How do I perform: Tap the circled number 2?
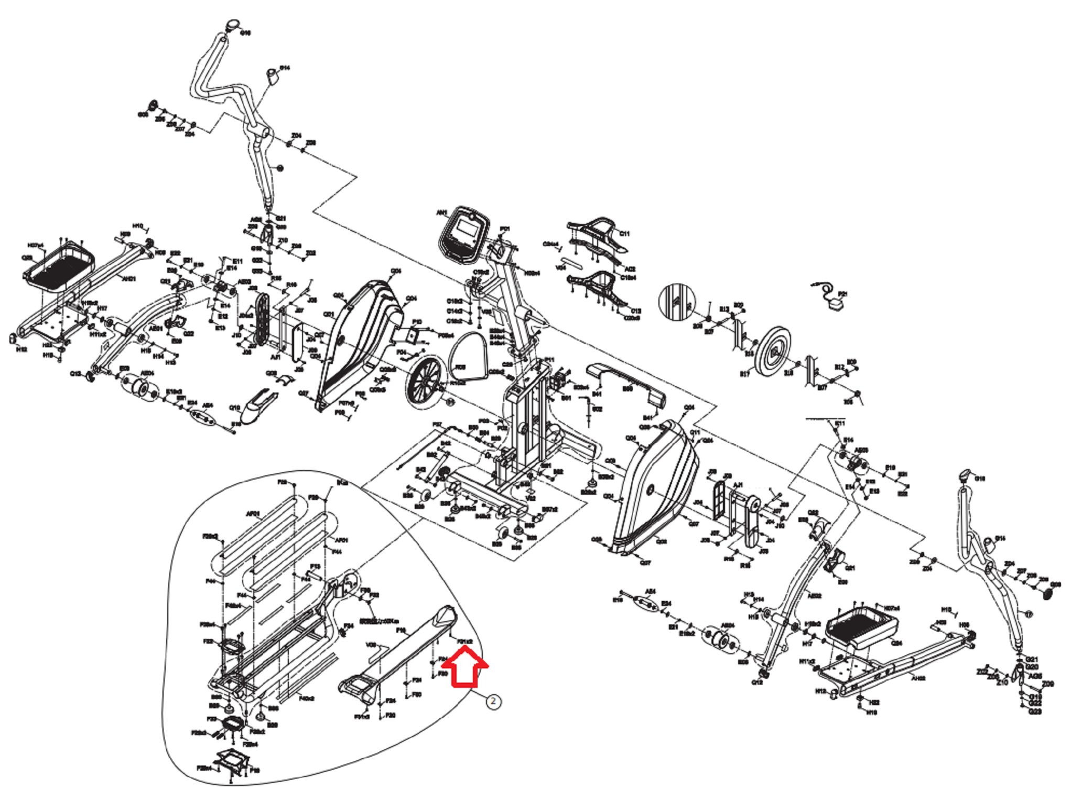(493, 701)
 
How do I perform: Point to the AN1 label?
(442, 212)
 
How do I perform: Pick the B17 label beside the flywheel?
(744, 374)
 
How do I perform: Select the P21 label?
(843, 294)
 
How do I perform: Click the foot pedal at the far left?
(59, 270)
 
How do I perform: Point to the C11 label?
(624, 233)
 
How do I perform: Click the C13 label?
(636, 311)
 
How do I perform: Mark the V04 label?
(561, 268)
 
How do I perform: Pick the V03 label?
(371, 645)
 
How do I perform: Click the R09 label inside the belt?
(460, 367)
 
